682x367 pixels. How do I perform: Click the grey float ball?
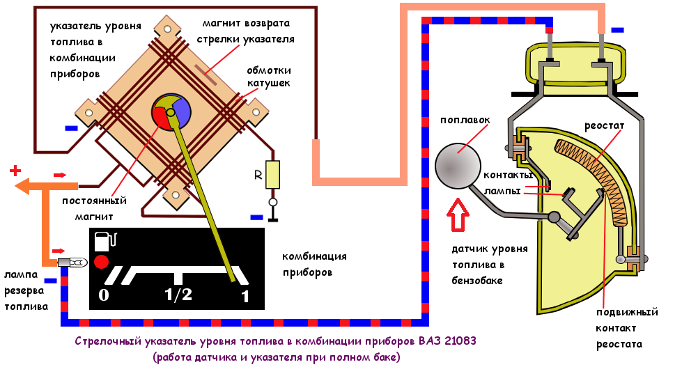(x=458, y=166)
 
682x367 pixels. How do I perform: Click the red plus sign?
(x=15, y=171)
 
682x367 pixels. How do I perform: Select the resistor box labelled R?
(x=273, y=174)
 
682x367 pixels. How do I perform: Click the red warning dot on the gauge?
(x=102, y=263)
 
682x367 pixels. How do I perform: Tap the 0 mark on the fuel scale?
(x=104, y=295)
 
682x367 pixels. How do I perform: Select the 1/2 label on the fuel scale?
(x=178, y=295)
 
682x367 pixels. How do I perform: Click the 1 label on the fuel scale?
(x=245, y=297)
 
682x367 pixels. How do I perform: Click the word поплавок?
(x=465, y=119)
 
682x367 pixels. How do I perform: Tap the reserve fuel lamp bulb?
(x=72, y=263)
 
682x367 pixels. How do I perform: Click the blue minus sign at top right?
(x=617, y=30)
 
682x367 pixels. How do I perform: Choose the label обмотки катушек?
(x=268, y=76)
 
